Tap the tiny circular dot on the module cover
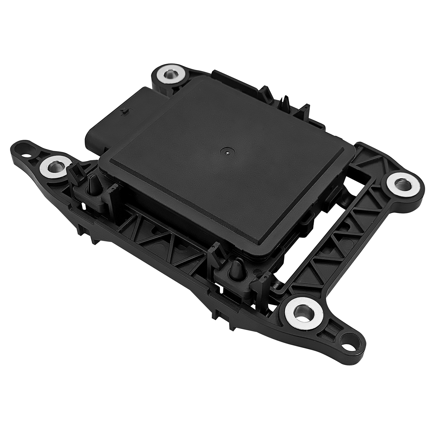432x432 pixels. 228,151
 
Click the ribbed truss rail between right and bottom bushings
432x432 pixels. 340,239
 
